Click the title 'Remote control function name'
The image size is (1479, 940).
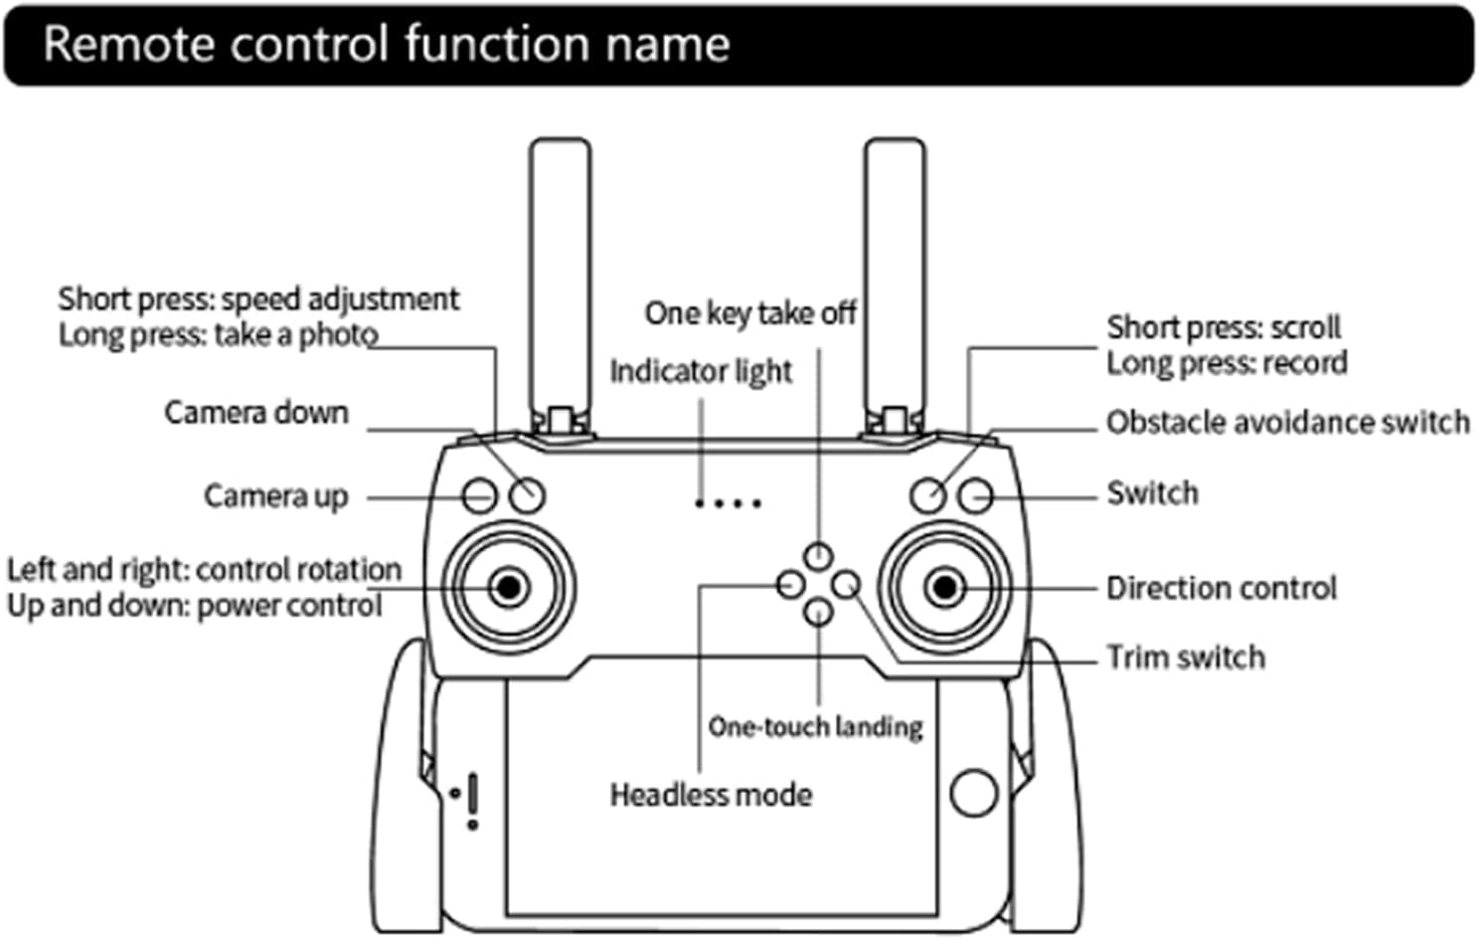(387, 45)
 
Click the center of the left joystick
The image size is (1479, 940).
(509, 587)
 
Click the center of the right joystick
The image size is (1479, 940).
(945, 587)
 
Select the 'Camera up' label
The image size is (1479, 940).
(275, 495)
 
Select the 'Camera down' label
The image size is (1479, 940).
(256, 412)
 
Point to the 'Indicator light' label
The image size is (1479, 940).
(701, 371)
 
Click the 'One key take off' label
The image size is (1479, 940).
(750, 313)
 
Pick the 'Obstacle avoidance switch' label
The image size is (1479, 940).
(1288, 422)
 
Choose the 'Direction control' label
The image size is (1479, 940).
(1222, 588)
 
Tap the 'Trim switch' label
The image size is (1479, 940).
(1186, 658)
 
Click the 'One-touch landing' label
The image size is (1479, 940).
(815, 727)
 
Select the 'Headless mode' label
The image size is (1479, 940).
(711, 795)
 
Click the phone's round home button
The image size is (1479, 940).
(974, 793)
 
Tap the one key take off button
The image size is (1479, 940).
(818, 556)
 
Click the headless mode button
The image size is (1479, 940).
(790, 584)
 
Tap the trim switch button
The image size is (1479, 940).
(846, 584)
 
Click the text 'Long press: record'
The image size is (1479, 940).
(1227, 363)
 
